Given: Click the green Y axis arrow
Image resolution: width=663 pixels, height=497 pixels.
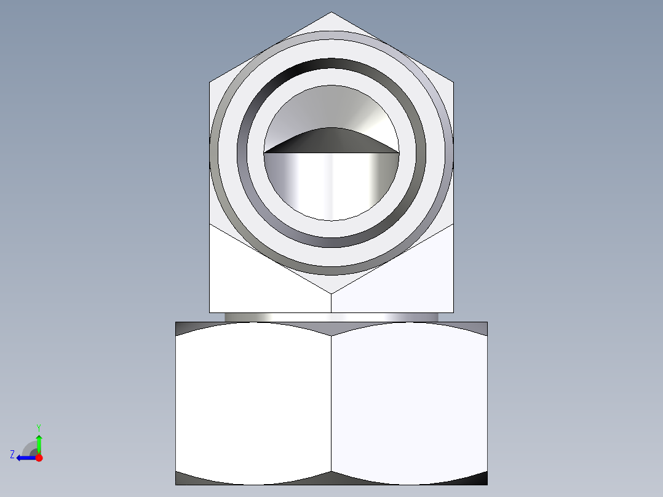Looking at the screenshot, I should pos(39,442).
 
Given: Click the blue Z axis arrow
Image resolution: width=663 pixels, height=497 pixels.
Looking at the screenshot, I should pos(24,458).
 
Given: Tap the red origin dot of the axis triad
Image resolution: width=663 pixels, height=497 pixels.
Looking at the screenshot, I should pos(39,458).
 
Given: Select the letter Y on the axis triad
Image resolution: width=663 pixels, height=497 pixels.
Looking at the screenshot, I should pos(38,427).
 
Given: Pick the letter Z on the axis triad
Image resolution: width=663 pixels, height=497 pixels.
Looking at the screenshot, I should pos(12,455).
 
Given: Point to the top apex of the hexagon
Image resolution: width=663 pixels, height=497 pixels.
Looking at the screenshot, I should pos(331,13).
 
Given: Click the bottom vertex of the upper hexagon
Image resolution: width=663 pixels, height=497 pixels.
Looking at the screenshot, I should pos(331,293).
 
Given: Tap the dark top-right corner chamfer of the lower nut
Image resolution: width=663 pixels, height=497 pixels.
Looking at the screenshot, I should pos(480,328).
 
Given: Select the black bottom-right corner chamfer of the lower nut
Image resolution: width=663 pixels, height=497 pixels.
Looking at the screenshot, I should pos(480,478).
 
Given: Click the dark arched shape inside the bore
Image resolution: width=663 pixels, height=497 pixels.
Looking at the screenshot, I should pos(331,141).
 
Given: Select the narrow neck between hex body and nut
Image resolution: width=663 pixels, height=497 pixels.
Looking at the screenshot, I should pos(331,317).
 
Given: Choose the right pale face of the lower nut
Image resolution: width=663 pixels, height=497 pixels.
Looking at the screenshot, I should pos(409,403).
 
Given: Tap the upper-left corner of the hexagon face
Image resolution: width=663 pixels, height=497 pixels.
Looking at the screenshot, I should pos(210,82).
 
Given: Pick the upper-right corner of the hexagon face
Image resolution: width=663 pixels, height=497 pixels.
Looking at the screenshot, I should pos(453,82).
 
